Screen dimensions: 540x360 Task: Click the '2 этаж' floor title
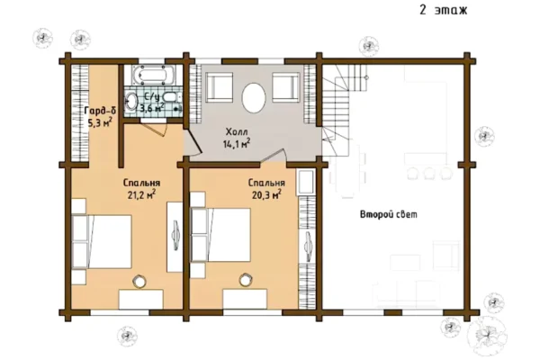point(443,10)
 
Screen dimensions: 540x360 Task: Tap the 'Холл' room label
point(237,131)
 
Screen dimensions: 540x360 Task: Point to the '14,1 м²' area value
point(236,144)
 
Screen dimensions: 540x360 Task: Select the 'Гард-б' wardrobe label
point(100,111)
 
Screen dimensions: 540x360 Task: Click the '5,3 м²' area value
point(100,122)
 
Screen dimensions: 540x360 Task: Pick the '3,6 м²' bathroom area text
point(151,107)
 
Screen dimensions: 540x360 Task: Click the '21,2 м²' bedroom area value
point(141,194)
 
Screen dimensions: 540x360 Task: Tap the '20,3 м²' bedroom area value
point(266,195)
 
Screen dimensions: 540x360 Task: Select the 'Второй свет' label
point(389,214)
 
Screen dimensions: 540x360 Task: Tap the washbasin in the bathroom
point(130,101)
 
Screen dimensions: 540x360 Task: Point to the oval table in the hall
point(254,97)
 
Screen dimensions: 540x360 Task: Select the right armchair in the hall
point(285,86)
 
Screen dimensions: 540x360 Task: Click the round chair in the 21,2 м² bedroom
point(139,281)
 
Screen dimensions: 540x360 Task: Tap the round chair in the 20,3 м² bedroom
point(246,280)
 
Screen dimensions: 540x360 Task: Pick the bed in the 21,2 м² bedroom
point(102,241)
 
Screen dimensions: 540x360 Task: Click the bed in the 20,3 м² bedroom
point(220,235)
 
